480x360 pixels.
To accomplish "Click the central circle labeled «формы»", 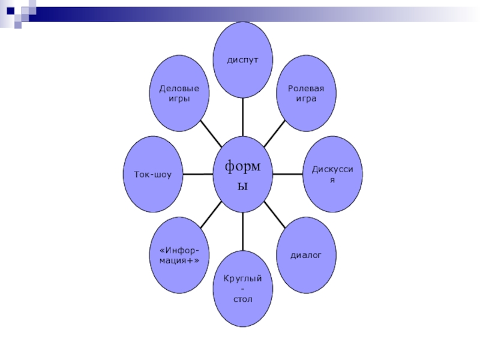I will (x=243, y=175).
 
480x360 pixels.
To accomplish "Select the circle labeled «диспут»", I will (x=243, y=60).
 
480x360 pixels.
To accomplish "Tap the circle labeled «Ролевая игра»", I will (x=306, y=94).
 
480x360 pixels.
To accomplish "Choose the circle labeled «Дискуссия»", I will (x=332, y=175).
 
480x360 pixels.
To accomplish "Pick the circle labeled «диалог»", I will (x=306, y=255).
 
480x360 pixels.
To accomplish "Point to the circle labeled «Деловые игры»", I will (x=179, y=94).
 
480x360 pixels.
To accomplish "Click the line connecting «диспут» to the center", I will (x=243, y=117).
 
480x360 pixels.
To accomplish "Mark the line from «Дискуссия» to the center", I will (x=287, y=175).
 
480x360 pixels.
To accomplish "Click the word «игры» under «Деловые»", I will (x=179, y=99).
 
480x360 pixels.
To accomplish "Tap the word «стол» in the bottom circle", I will (x=243, y=298).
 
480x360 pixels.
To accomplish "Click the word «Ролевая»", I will (x=306, y=88).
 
